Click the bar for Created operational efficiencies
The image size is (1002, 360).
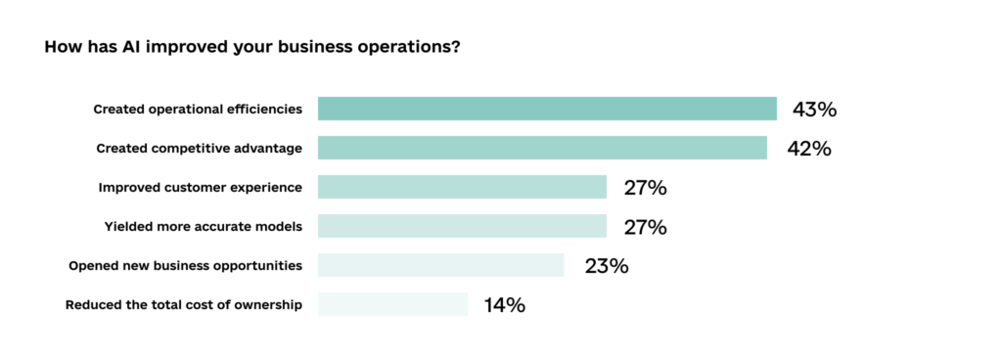(547, 109)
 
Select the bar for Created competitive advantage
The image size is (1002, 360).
(542, 148)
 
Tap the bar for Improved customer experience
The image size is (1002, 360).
(462, 187)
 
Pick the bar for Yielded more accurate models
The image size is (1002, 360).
(462, 226)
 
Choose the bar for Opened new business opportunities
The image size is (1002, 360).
(440, 265)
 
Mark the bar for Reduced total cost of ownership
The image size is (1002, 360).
(392, 304)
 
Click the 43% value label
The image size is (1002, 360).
(814, 110)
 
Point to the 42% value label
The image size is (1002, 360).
(809, 149)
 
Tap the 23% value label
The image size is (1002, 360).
(606, 266)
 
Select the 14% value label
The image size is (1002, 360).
(504, 305)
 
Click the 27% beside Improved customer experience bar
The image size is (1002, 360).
(645, 188)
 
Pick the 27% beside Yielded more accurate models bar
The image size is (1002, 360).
(645, 227)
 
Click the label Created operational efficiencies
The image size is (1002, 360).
(198, 109)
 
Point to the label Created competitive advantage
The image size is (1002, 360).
(199, 148)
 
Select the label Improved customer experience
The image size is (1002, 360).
(201, 187)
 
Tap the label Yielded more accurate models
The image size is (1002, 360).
(203, 226)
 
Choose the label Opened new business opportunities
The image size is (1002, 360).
(185, 265)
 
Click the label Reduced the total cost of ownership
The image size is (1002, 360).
(183, 304)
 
